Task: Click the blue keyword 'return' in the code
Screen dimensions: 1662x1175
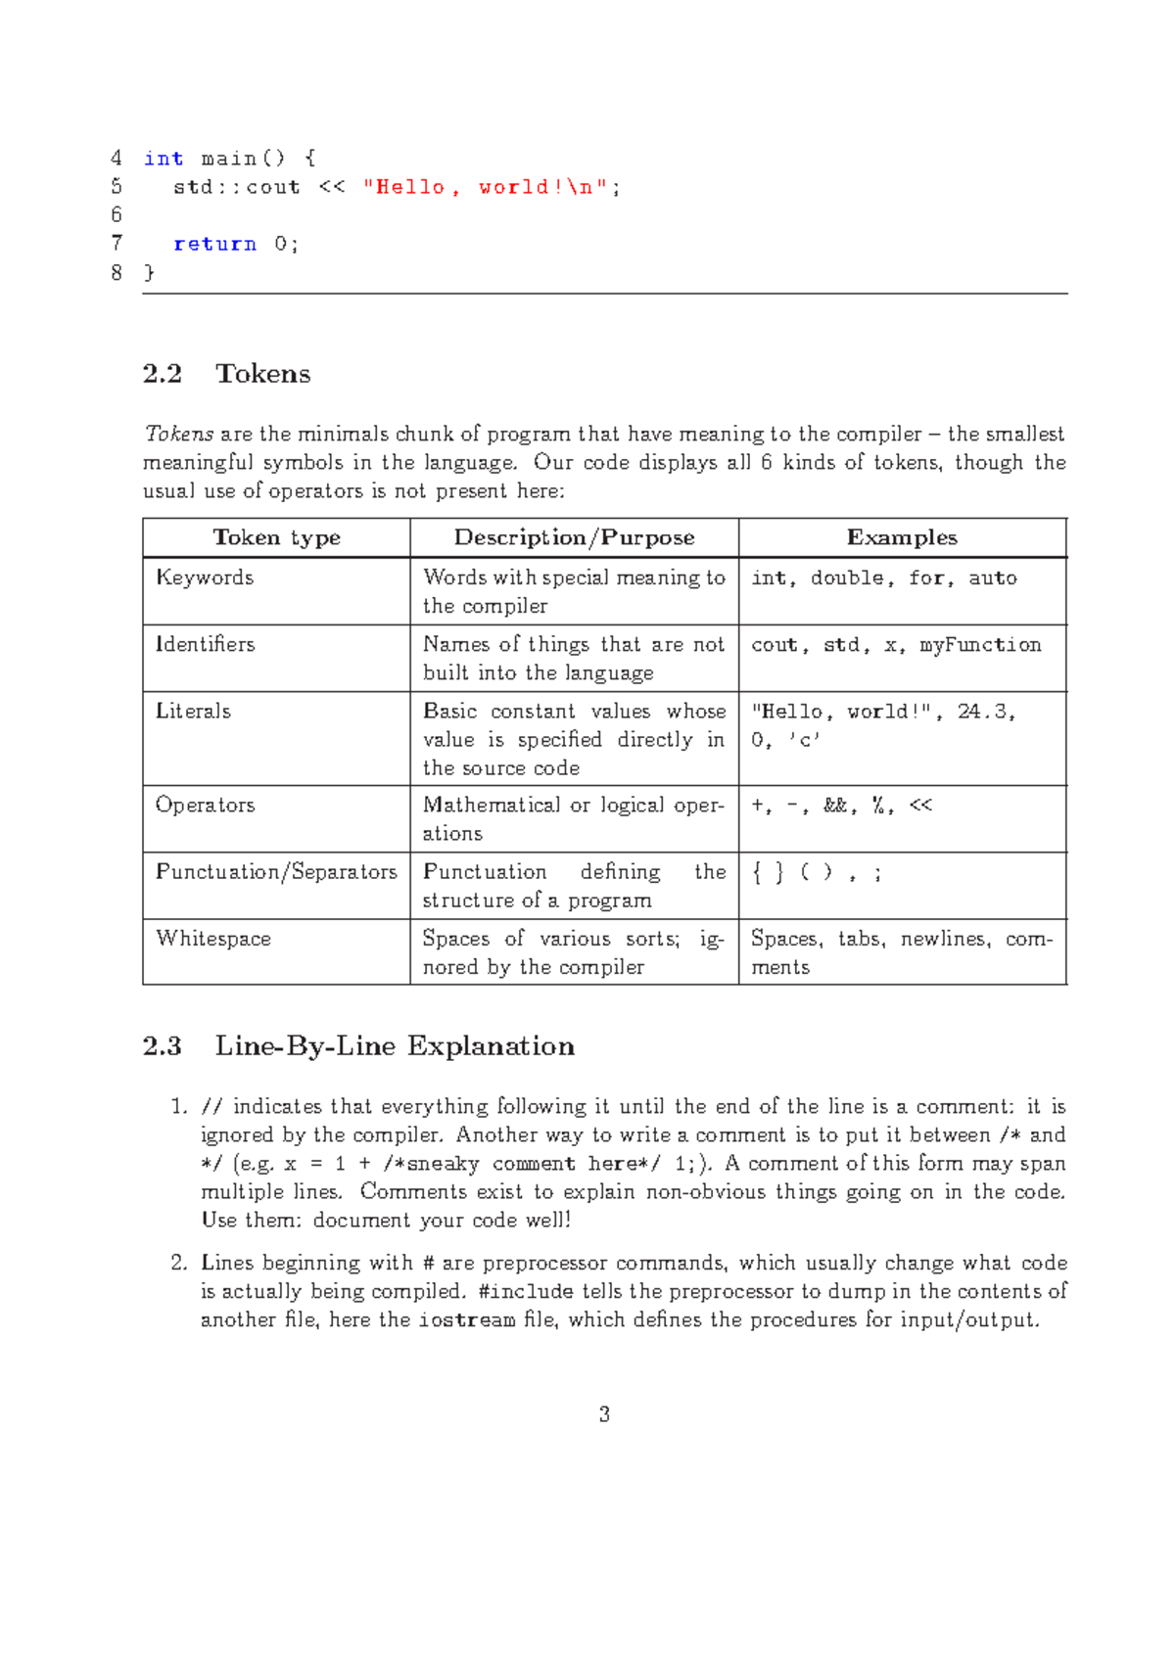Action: pyautogui.click(x=214, y=244)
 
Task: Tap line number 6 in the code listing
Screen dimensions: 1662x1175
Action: pyautogui.click(x=117, y=215)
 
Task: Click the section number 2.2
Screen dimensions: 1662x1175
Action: pyautogui.click(x=163, y=374)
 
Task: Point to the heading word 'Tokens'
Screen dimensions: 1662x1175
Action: pyautogui.click(x=262, y=374)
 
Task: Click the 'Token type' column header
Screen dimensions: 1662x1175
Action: pyautogui.click(x=276, y=537)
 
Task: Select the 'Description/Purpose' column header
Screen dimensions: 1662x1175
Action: pyautogui.click(x=574, y=537)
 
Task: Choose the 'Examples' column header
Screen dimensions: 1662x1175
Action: pyautogui.click(x=902, y=537)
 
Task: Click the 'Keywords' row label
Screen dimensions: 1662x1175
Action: pyautogui.click(x=205, y=577)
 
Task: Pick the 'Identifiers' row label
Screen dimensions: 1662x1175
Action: pyautogui.click(x=205, y=644)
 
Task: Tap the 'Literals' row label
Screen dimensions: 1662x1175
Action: pyautogui.click(x=193, y=711)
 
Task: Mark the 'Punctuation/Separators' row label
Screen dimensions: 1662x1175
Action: pyautogui.click(x=276, y=871)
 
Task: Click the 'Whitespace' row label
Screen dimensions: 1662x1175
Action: pyautogui.click(x=213, y=939)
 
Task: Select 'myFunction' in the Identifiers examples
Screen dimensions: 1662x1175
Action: pyautogui.click(x=980, y=645)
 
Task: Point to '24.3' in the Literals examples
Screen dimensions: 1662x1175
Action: pyautogui.click(x=982, y=712)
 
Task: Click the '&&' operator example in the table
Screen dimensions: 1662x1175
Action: pyautogui.click(x=835, y=806)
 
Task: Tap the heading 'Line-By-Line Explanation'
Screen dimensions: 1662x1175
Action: pyautogui.click(x=395, y=1046)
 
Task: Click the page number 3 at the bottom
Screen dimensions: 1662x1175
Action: pyautogui.click(x=604, y=1414)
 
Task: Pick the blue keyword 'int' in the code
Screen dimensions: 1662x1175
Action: pyautogui.click(x=163, y=159)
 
